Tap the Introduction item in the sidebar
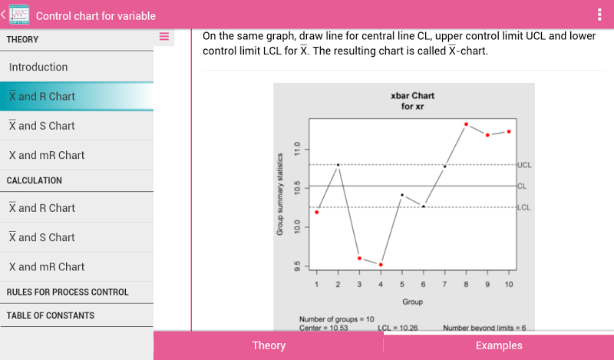pos(38,67)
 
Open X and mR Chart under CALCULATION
pos(47,267)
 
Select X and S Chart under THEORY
pos(42,126)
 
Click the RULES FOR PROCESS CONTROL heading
pos(68,292)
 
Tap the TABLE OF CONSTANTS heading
pos(51,315)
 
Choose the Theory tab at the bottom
pos(269,345)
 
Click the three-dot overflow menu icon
pos(599,15)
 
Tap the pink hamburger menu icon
pos(164,36)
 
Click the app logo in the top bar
pos(18,15)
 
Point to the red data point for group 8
pos(466,124)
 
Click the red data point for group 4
pos(381,265)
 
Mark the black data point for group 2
pos(338,165)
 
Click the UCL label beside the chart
pos(524,165)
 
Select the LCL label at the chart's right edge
pos(524,207)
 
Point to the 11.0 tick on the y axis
pos(297,149)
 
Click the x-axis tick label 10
pos(509,285)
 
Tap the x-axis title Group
pos(412,302)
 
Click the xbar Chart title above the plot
pos(412,96)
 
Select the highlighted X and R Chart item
pos(42,97)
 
